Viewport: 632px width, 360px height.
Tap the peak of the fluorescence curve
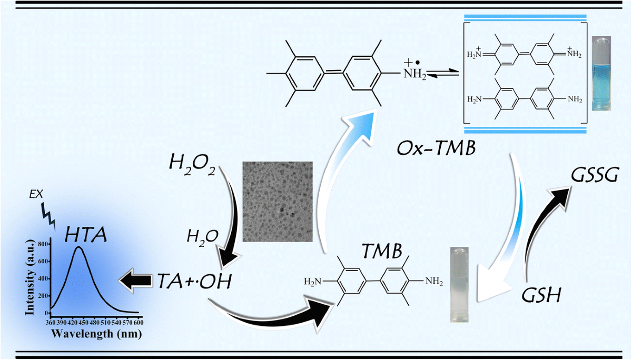[78, 247]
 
